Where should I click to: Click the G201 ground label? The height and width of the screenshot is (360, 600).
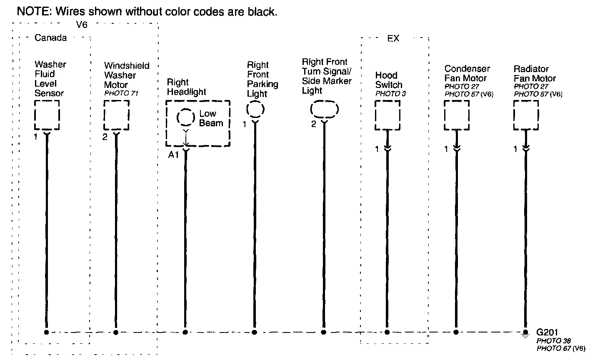[546, 332]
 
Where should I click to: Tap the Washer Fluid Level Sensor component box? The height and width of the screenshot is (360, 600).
[47, 115]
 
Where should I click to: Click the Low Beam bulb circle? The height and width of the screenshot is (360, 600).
[185, 118]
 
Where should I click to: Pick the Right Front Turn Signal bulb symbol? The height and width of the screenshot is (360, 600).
[324, 110]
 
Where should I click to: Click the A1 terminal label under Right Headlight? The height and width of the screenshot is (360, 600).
[173, 155]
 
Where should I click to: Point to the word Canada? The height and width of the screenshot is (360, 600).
[50, 38]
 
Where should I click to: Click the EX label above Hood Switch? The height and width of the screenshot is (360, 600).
[393, 38]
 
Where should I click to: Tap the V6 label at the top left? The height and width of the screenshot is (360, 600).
[82, 25]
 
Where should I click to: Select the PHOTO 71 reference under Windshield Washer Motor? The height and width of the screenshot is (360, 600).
[121, 94]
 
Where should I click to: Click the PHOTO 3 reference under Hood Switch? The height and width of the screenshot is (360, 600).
[390, 94]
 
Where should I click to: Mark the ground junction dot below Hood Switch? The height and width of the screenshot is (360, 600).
[387, 332]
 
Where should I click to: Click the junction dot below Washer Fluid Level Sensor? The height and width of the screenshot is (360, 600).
[47, 332]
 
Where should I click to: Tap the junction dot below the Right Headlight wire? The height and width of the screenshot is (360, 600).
[185, 332]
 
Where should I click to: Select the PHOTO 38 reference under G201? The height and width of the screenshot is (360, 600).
[553, 341]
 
